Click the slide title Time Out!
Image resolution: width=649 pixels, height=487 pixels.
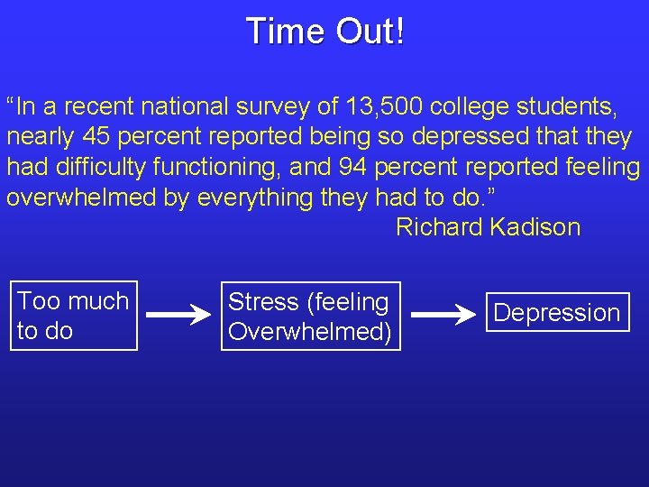pos(324,31)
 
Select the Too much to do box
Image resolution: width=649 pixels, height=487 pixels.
pos(73,315)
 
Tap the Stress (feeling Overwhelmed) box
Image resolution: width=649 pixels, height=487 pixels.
pos(309,316)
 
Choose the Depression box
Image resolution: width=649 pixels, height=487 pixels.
pos(557,312)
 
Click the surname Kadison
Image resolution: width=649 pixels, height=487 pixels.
pos(535,226)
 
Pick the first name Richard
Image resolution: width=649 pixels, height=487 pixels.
pos(439,226)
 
